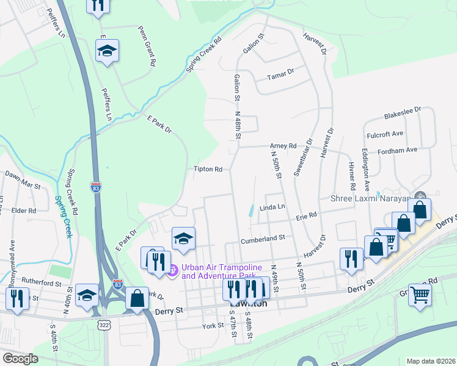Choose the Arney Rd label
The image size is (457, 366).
(283, 146)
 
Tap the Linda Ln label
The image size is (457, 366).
(272, 208)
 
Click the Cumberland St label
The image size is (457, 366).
(263, 238)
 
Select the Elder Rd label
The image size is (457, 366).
(24, 210)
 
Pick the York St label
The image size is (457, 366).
(213, 326)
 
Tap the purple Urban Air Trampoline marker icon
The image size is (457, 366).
(172, 269)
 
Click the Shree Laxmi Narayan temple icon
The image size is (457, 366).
(420, 196)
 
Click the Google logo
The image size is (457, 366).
(20, 359)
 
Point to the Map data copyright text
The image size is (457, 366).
(431, 361)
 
